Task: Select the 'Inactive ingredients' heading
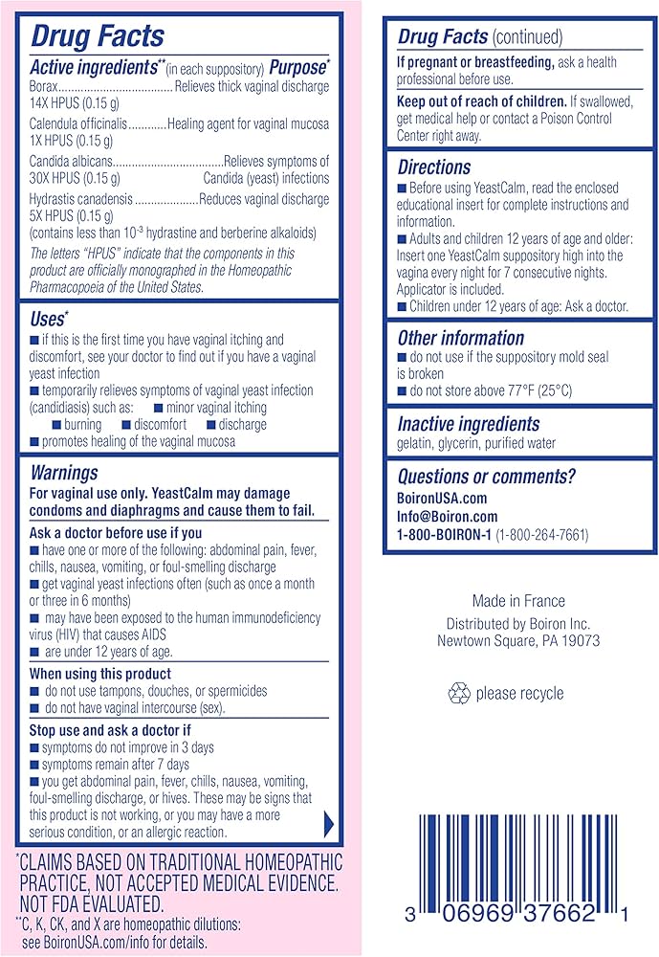point(469,423)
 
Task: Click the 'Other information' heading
point(461,338)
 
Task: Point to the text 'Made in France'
point(518,601)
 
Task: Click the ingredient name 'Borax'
point(47,88)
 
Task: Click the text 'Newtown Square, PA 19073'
point(518,640)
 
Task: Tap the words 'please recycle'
point(520,693)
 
